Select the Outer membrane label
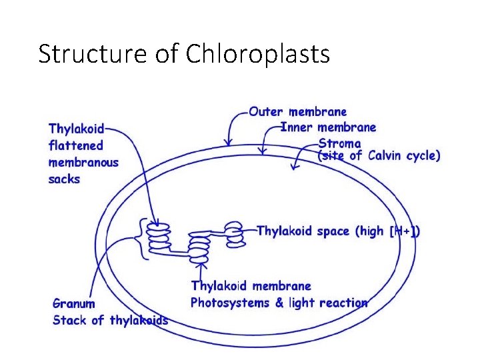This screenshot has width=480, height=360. coord(297,112)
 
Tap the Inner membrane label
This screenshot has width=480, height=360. coord(328,127)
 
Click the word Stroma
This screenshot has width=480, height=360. coord(339,143)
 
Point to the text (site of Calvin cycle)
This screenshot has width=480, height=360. coord(379,156)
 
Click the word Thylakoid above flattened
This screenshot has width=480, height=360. coord(76,128)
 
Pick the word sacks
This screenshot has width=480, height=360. coord(64,179)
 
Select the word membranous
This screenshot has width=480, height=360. coord(83,162)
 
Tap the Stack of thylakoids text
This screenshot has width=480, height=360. coord(111,321)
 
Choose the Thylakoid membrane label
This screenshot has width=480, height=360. coord(251,286)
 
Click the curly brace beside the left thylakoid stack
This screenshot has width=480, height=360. coord(141,238)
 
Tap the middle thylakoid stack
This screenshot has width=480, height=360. coord(199,247)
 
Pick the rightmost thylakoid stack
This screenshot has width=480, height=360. coord(234,233)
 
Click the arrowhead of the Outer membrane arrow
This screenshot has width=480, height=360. coord(229,141)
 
